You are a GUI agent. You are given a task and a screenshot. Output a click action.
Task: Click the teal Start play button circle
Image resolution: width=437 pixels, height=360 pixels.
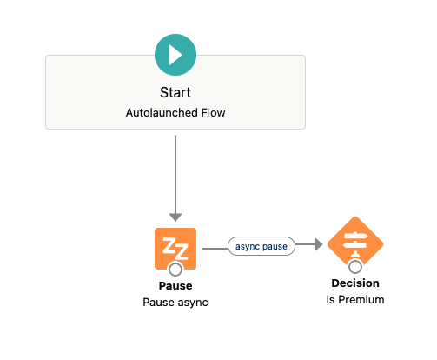pos(175,55)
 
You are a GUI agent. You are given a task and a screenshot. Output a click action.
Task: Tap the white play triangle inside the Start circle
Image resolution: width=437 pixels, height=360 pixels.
pos(175,55)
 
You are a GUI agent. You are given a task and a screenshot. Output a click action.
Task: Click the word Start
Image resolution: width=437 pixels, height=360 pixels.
pos(175,92)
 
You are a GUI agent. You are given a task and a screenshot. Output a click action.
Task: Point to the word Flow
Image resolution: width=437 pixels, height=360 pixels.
pos(213,112)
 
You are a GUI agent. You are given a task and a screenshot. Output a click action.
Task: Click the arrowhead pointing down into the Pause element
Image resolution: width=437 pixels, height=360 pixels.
pos(175,217)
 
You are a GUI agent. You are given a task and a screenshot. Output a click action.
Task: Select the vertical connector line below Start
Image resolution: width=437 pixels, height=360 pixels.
pos(175,175)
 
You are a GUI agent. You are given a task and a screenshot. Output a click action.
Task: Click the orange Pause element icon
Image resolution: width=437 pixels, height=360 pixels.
pos(175,249)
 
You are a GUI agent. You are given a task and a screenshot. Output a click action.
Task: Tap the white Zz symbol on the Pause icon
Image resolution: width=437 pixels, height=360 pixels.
pos(175,249)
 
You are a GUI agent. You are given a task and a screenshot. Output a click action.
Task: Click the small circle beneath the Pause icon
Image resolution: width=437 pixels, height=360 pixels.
pos(175,270)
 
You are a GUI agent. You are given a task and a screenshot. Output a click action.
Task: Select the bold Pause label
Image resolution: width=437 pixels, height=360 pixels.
pos(175,286)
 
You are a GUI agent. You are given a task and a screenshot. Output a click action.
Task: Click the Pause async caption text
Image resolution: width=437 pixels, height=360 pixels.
pos(175,303)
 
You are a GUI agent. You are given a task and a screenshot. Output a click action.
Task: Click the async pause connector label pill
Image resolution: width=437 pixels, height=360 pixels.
pos(262,246)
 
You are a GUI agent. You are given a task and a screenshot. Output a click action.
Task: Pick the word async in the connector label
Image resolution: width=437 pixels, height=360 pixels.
pos(248,247)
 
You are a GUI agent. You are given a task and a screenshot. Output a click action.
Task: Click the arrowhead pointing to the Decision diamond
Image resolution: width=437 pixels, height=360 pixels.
pos(319,244)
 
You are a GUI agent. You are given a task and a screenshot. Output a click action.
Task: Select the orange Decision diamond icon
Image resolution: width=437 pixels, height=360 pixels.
pos(355,244)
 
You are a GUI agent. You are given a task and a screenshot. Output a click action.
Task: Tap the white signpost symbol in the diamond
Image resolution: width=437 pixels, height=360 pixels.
pos(355,244)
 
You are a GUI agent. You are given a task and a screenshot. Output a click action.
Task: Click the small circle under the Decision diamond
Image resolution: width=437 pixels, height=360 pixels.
pos(355,267)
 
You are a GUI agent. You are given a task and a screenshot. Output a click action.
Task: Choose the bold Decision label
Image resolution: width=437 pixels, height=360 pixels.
pos(355,283)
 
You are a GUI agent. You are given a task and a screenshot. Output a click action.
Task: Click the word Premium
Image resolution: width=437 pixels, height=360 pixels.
pos(361,300)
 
